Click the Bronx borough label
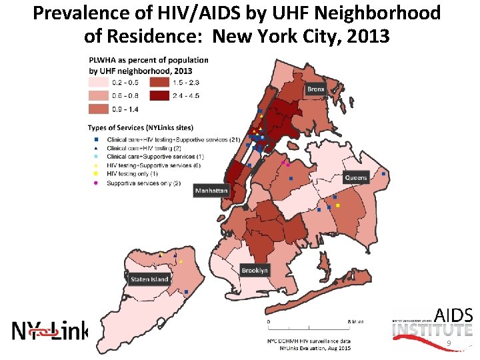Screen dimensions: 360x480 pyautogui.click(x=316, y=89)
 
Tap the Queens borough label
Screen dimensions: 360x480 pyautogui.click(x=356, y=178)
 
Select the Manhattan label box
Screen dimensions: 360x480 pyautogui.click(x=211, y=191)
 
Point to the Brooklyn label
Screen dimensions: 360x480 pyautogui.click(x=255, y=270)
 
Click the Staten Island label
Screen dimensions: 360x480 pyautogui.click(x=149, y=279)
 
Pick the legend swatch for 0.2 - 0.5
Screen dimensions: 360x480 pyautogui.click(x=99, y=83)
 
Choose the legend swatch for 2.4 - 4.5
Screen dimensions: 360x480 pyautogui.click(x=159, y=95)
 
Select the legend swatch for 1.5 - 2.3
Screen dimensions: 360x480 pyautogui.click(x=159, y=83)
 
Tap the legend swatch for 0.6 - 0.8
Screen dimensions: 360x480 pyautogui.click(x=99, y=95)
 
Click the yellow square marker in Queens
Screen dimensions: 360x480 pyautogui.click(x=338, y=205)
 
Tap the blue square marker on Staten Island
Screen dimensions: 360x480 pyautogui.click(x=186, y=292)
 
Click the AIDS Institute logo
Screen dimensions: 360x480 pyautogui.click(x=433, y=322)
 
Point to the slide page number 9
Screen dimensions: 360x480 pyautogui.click(x=449, y=343)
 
